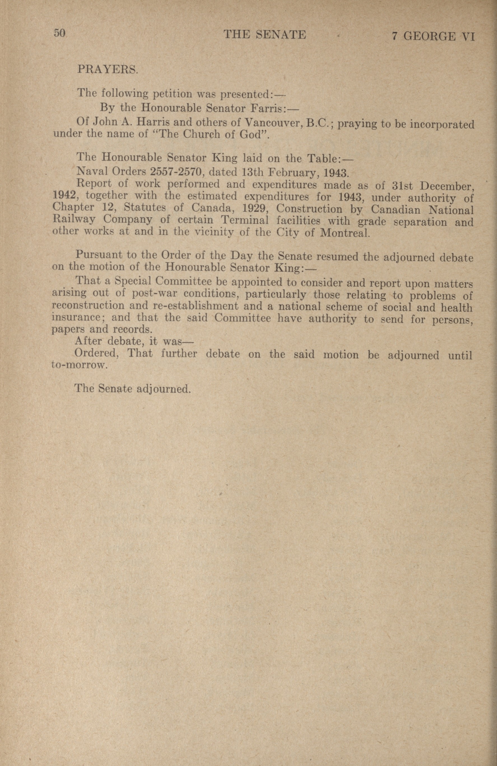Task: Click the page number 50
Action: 60,34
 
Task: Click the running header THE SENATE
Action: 265,34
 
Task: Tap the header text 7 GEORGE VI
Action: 433,36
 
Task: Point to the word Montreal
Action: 344,233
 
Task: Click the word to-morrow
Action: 78,365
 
